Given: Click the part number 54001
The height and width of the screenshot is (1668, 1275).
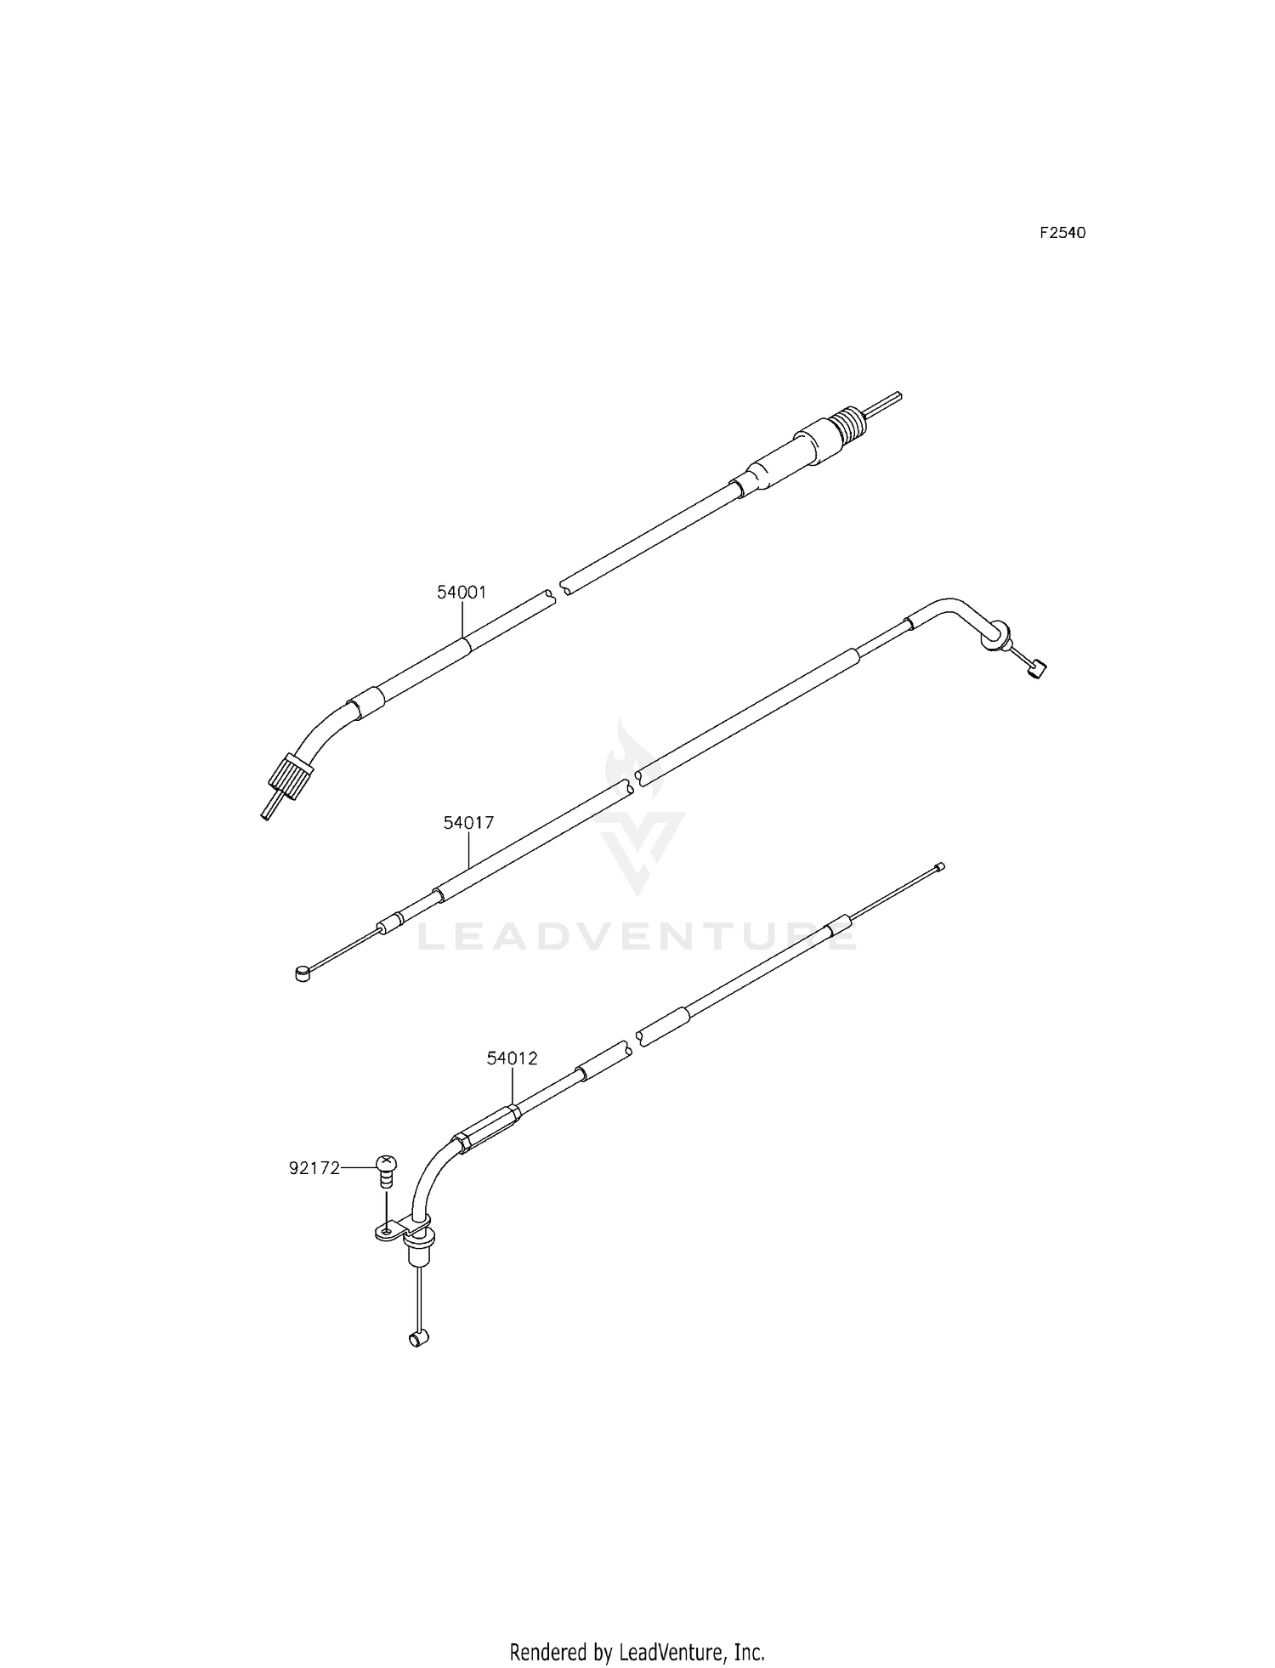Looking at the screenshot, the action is click(x=462, y=593).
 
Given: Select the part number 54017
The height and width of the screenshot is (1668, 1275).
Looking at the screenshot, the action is click(x=468, y=823).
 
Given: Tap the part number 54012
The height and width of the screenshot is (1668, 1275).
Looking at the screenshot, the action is click(x=512, y=1058).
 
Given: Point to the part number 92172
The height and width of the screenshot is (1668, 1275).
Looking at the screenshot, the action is click(x=314, y=1168).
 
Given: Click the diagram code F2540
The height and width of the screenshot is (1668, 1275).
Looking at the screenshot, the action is click(x=1062, y=233).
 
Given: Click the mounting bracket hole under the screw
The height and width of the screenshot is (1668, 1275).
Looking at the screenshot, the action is click(x=387, y=1230).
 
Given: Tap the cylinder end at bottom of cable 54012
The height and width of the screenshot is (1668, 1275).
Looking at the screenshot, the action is click(x=418, y=1339).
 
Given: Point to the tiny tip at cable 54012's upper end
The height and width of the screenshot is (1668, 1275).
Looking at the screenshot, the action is click(x=939, y=867).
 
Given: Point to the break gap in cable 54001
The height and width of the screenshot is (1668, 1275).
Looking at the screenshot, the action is click(x=558, y=588).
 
